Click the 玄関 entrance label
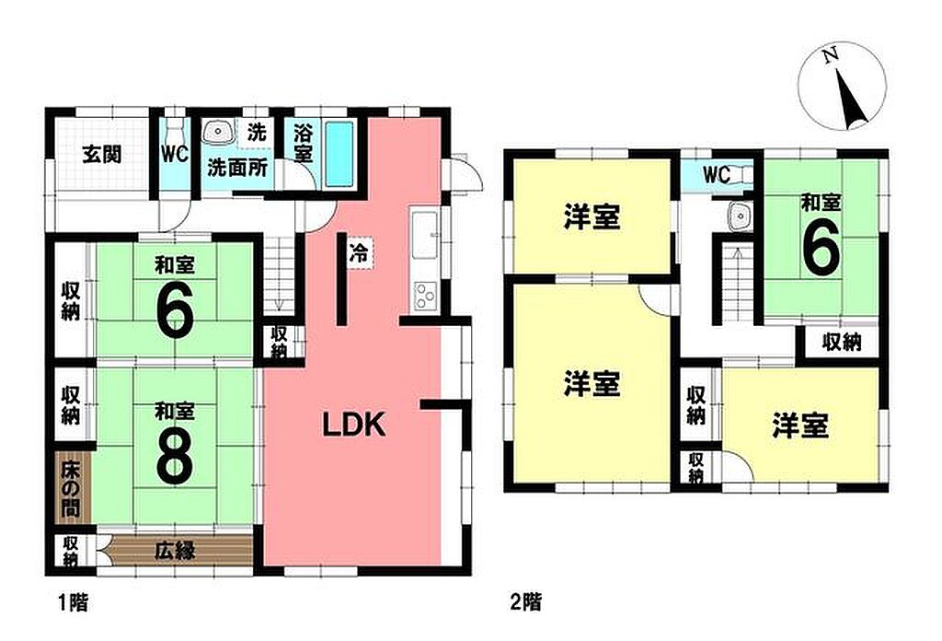[x=101, y=155]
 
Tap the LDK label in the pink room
[x=354, y=425]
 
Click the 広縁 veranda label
[x=176, y=550]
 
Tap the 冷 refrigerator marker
[x=359, y=252]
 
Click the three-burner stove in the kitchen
[x=425, y=296]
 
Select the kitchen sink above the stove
[x=425, y=234]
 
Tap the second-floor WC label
[x=717, y=176]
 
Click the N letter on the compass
[x=831, y=56]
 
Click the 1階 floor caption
[x=74, y=602]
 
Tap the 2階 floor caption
[x=525, y=602]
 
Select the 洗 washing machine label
[x=258, y=132]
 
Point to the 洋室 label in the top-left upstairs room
[x=592, y=216]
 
